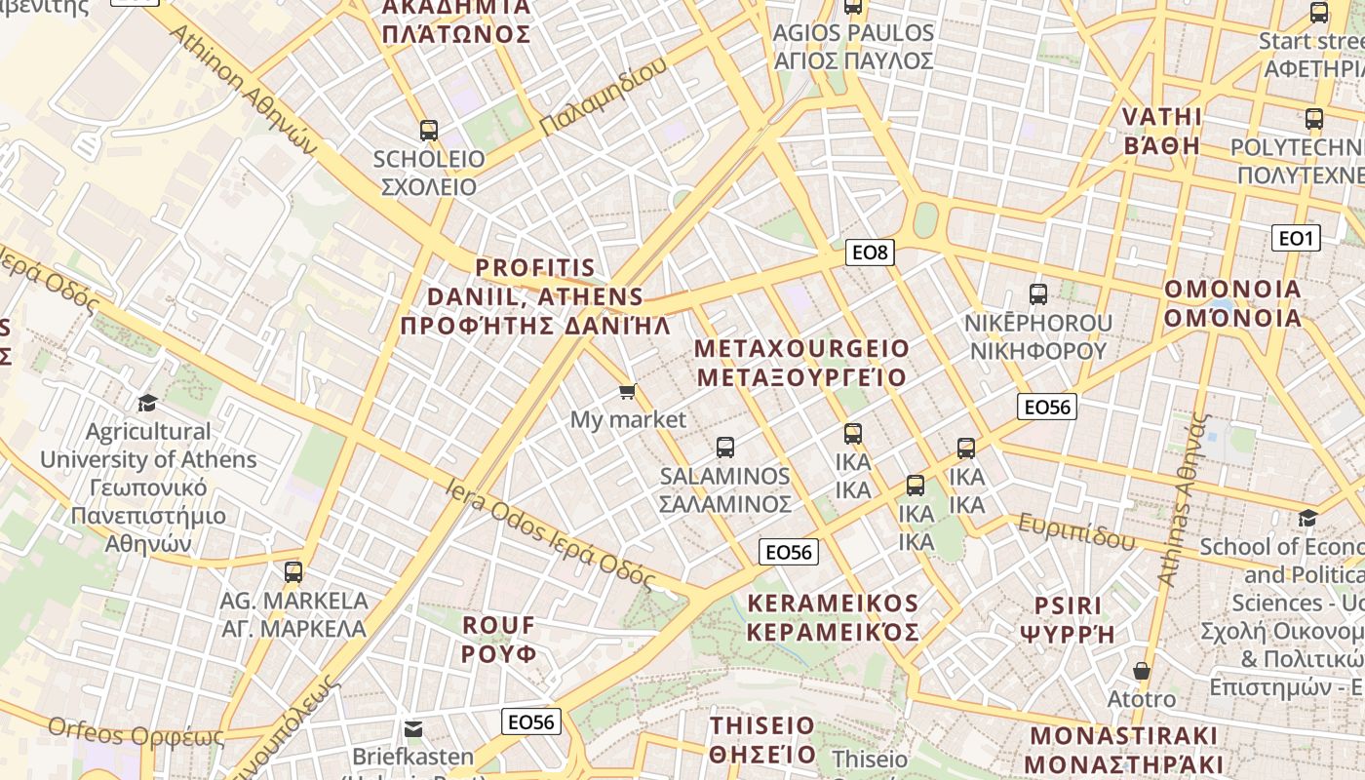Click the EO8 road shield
click(x=870, y=253)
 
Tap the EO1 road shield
click(x=1296, y=238)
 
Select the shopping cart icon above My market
click(x=627, y=392)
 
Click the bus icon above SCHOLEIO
click(x=428, y=130)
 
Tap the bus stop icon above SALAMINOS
click(x=724, y=448)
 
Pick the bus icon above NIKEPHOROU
click(x=1037, y=293)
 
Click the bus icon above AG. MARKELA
click(x=293, y=572)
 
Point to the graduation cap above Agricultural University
click(x=147, y=403)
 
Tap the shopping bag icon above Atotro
click(x=1141, y=671)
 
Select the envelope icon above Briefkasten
click(x=413, y=728)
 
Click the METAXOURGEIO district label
click(x=801, y=363)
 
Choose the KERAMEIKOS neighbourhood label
click(x=833, y=617)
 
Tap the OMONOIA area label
click(x=1232, y=303)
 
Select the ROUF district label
click(x=498, y=639)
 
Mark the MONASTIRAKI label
click(x=1123, y=749)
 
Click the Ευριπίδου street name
click(x=1076, y=532)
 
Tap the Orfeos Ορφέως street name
click(x=136, y=731)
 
